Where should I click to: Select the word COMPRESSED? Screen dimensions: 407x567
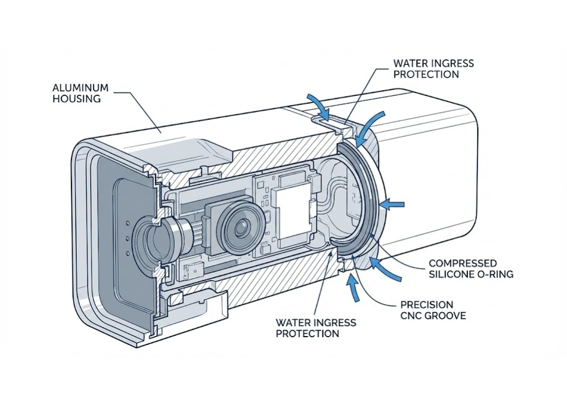click(x=463, y=263)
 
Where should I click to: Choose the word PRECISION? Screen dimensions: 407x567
click(x=426, y=305)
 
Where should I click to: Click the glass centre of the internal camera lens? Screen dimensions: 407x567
click(x=241, y=227)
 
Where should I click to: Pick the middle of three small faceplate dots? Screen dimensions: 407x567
click(x=129, y=238)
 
